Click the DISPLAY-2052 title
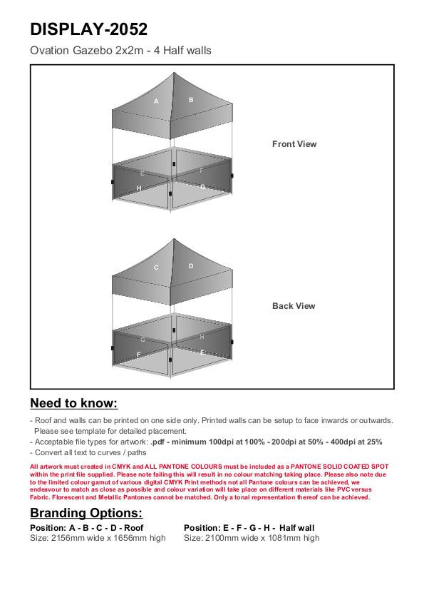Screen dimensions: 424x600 pyautogui.click(x=88, y=29)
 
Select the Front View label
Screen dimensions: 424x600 pyautogui.click(x=294, y=144)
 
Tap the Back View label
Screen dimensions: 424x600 pyautogui.click(x=294, y=306)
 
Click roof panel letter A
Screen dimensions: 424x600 pyautogui.click(x=156, y=101)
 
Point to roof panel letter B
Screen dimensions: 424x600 pyautogui.click(x=191, y=100)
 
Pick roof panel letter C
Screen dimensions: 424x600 pyautogui.click(x=156, y=268)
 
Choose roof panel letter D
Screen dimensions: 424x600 pyautogui.click(x=191, y=266)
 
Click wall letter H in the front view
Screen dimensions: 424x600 pyautogui.click(x=139, y=188)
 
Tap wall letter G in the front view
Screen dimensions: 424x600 pyautogui.click(x=202, y=187)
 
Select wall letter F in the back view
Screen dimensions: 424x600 pyautogui.click(x=139, y=355)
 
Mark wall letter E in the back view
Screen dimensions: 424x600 pyautogui.click(x=202, y=352)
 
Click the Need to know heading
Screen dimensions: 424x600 pyautogui.click(x=74, y=403)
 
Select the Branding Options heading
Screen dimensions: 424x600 pyautogui.click(x=86, y=513)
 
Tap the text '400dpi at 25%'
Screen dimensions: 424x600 pyautogui.click(x=356, y=442)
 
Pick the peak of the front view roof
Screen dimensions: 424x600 pyautogui.click(x=174, y=73)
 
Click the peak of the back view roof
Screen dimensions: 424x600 pyautogui.click(x=174, y=239)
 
